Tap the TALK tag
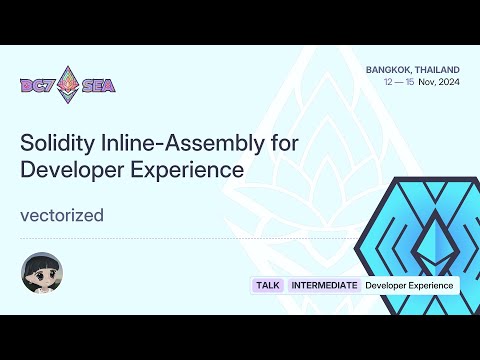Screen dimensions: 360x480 pos(267,285)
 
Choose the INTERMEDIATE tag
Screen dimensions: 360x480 pos(324,285)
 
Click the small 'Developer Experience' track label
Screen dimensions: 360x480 pos(409,285)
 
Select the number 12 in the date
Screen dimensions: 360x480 pos(390,82)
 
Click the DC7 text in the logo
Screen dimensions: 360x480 pos(37,85)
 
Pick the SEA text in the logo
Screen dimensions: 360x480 pos(98,85)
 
